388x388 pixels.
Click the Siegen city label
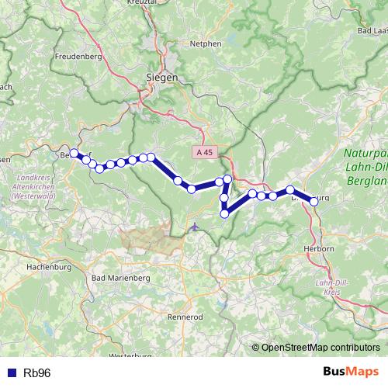pyautogui.click(x=162, y=78)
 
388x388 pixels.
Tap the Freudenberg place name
pyautogui.click(x=78, y=57)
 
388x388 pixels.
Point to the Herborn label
pyautogui.click(x=319, y=248)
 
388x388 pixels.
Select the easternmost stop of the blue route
pyautogui.click(x=314, y=201)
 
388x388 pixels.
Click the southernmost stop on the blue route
pyautogui.click(x=224, y=214)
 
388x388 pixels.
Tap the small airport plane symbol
pyautogui.click(x=193, y=227)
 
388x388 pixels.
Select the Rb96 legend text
pyautogui.click(x=36, y=373)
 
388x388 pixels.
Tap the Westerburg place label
pyautogui.click(x=130, y=355)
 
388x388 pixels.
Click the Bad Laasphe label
pyautogui.click(x=370, y=30)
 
